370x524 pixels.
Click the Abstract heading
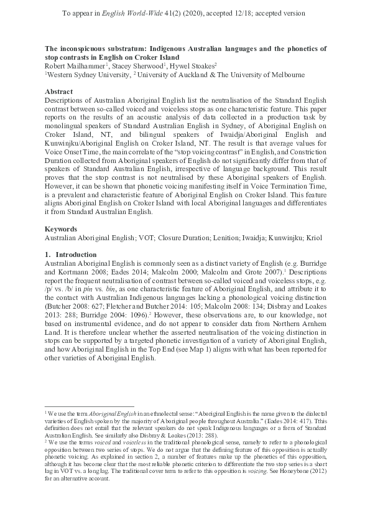tap(58, 90)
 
